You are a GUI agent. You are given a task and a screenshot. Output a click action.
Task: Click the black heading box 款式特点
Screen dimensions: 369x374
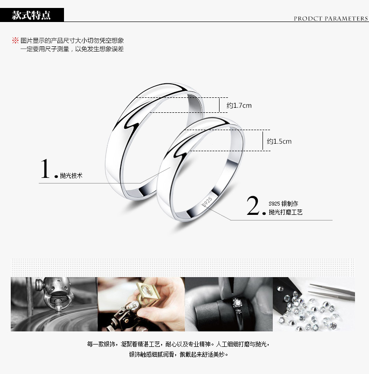[x=32, y=15]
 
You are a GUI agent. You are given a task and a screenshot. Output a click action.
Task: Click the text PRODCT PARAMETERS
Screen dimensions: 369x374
[x=331, y=19]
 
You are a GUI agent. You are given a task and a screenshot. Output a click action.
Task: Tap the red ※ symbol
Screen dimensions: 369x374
[x=15, y=40]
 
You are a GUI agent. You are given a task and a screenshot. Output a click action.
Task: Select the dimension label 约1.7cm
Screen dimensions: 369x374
[x=239, y=105]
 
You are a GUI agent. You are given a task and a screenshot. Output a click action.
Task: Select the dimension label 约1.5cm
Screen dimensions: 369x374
[x=279, y=141]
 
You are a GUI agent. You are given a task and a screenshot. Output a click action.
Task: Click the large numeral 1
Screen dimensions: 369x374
[x=45, y=169]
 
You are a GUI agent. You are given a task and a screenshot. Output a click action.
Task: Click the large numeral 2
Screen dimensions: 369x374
[x=253, y=205]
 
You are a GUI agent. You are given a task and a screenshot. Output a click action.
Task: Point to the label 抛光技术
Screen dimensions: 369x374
[x=71, y=176]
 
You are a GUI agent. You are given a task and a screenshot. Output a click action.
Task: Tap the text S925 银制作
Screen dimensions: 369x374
[x=284, y=204]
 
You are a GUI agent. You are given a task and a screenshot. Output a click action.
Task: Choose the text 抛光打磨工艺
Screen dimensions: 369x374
[x=285, y=212]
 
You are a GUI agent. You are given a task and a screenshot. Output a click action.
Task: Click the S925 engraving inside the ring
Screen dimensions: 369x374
[x=207, y=202]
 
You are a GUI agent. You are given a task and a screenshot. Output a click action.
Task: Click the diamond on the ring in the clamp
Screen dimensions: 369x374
[x=237, y=303]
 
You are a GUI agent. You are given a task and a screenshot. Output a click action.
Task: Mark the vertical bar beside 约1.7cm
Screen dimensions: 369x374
[x=219, y=105]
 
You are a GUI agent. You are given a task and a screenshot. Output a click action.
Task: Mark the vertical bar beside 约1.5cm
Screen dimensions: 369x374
[x=263, y=141]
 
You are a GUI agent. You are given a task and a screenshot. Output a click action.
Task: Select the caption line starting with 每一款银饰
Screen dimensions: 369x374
[x=178, y=344]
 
